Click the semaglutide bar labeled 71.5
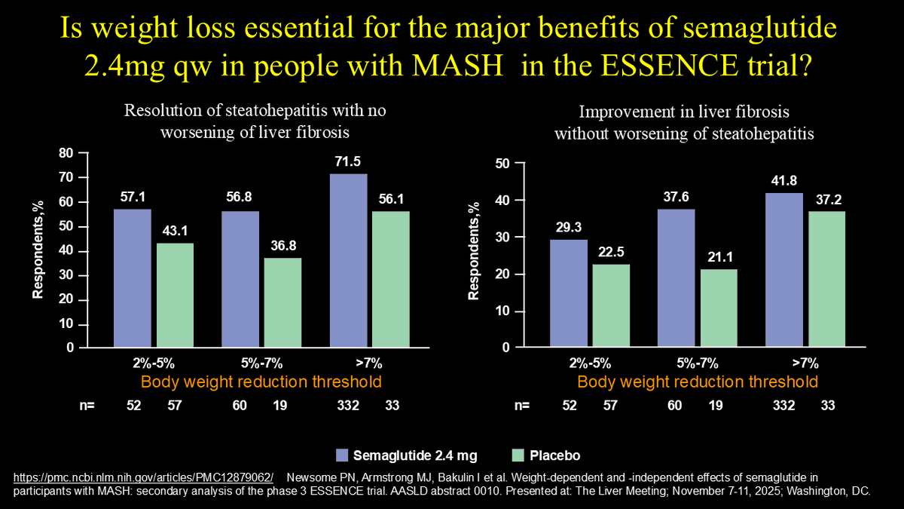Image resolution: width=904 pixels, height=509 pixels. pyautogui.click(x=348, y=261)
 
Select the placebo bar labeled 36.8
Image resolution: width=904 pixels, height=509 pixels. pyautogui.click(x=282, y=302)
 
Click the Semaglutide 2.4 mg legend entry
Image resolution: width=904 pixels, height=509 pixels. pyautogui.click(x=406, y=455)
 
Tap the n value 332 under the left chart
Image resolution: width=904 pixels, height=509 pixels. pyautogui.click(x=349, y=406)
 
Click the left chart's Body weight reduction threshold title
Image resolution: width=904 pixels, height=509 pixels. pyautogui.click(x=261, y=381)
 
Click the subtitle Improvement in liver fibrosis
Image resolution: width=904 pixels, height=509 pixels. pyautogui.click(x=684, y=112)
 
